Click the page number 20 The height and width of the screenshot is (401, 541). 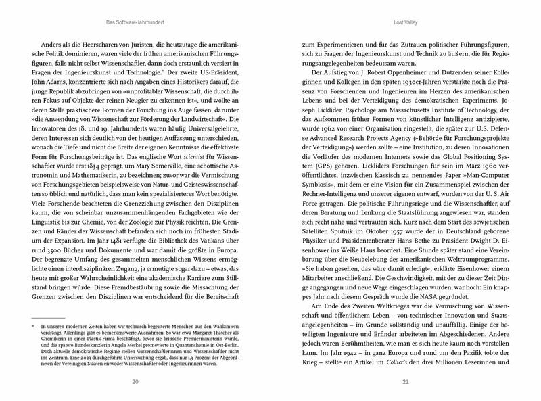[x=135, y=383]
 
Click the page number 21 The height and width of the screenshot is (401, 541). [x=406, y=383]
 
